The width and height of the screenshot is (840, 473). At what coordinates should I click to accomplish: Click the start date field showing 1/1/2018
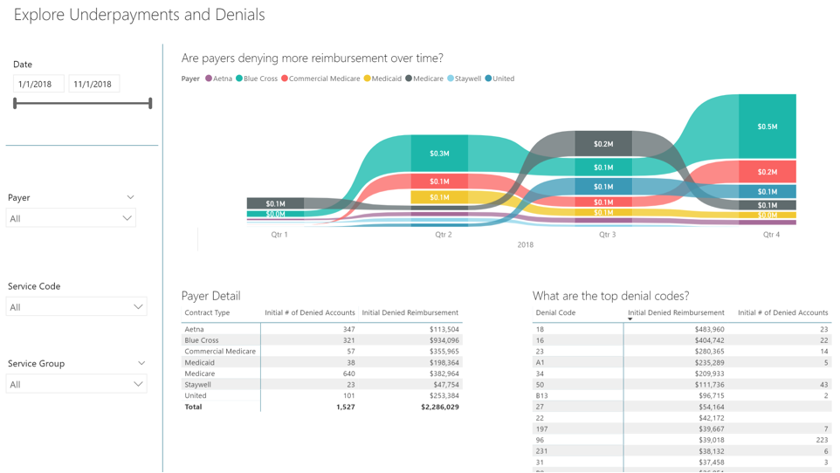[38, 84]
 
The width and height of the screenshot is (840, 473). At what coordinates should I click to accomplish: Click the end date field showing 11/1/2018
[93, 84]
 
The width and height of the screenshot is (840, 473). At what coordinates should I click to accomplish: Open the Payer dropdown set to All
[72, 218]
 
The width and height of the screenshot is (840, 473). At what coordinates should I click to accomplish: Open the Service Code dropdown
[77, 307]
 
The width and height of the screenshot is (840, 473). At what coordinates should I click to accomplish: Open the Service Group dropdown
[77, 384]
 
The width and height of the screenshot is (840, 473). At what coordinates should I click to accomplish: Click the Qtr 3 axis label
[607, 235]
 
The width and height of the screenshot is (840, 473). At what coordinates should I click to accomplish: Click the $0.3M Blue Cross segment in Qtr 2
[439, 153]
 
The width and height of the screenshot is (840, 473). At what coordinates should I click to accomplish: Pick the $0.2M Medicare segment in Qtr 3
[603, 144]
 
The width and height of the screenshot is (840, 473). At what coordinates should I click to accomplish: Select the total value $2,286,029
[439, 407]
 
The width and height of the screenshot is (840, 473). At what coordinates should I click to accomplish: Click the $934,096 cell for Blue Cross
[441, 340]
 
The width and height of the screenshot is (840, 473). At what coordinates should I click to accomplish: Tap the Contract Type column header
[207, 312]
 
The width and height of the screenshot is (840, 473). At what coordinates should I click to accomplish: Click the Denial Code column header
[555, 312]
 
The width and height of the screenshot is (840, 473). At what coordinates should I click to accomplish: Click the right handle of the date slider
[151, 104]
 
